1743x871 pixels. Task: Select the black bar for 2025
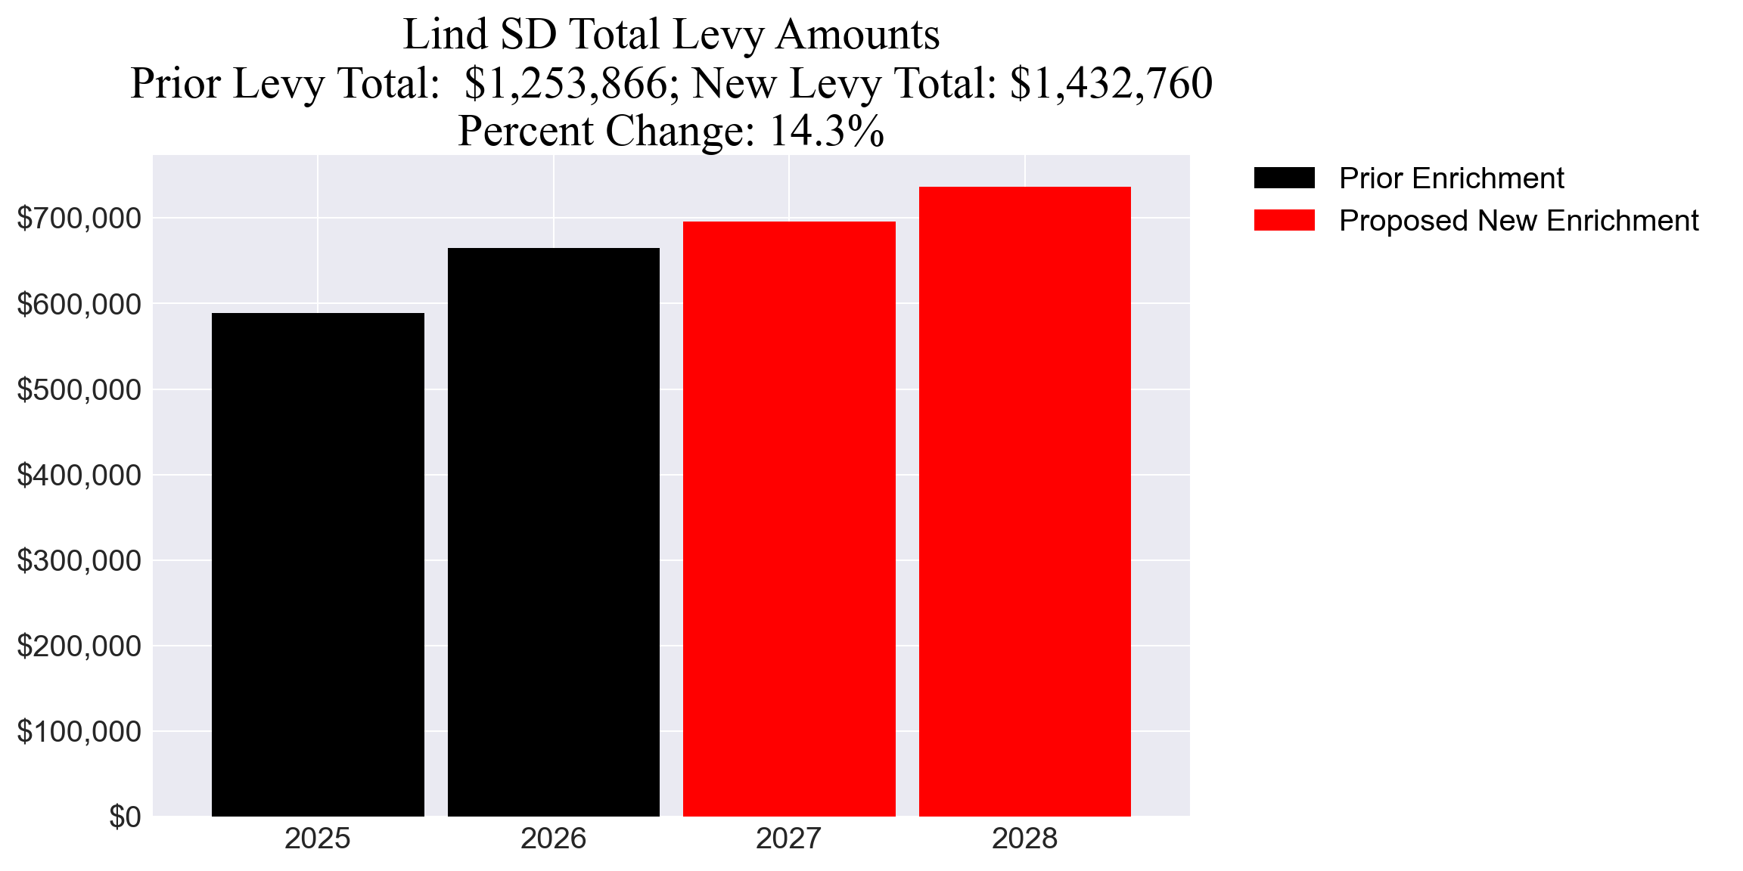(x=318, y=564)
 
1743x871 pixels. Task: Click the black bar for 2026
(x=553, y=532)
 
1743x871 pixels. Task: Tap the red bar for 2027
(x=789, y=519)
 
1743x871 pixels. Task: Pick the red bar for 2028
(x=1024, y=501)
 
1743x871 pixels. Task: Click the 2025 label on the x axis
(x=318, y=838)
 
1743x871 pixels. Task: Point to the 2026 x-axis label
(x=553, y=838)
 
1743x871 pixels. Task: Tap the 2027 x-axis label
(x=789, y=838)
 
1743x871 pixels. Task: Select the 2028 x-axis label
(x=1024, y=838)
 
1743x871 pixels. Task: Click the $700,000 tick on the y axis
(x=79, y=219)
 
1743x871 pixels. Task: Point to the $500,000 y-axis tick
(x=79, y=389)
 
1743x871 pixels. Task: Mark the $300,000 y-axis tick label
(x=79, y=560)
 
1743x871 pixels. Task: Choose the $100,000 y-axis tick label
(x=79, y=731)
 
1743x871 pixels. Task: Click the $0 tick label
(x=125, y=817)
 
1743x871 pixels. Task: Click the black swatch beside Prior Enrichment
(x=1284, y=178)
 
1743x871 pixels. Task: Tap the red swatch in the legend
(x=1284, y=221)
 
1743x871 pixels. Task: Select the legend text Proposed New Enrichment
(x=1518, y=221)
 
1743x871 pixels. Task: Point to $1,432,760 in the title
(x=1111, y=83)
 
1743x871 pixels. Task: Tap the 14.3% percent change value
(x=826, y=131)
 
